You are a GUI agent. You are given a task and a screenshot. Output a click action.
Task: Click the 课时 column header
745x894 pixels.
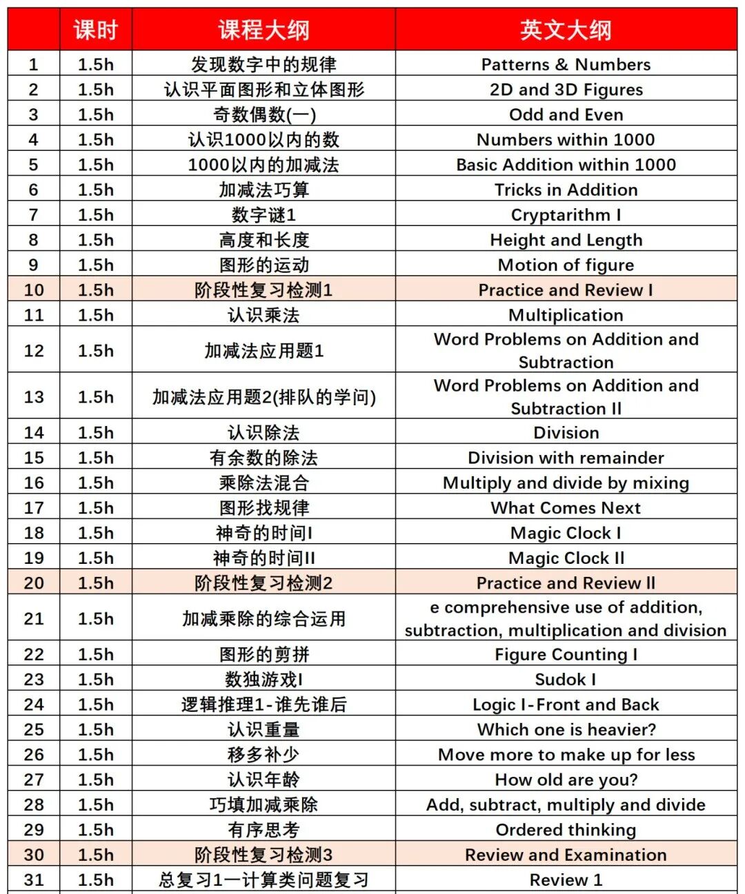click(x=96, y=30)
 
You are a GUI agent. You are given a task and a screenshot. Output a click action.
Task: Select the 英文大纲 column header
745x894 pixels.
click(x=566, y=30)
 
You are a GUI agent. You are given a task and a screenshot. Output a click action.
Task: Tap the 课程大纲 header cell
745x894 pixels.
click(x=264, y=30)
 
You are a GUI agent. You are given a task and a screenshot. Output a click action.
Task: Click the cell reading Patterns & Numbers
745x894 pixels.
click(x=566, y=65)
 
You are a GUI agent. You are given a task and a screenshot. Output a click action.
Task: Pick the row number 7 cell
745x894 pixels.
click(x=34, y=215)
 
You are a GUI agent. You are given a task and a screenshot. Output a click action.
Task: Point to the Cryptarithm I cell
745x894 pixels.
click(x=566, y=215)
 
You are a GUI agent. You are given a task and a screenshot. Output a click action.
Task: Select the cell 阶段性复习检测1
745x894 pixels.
click(x=264, y=290)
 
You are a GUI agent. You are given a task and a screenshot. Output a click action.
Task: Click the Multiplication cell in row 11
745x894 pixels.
click(x=566, y=315)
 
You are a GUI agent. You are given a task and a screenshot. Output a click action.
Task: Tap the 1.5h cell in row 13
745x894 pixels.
click(x=96, y=397)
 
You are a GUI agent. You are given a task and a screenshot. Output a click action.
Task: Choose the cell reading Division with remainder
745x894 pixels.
click(x=566, y=458)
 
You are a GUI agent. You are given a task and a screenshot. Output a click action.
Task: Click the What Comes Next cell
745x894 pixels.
click(x=566, y=508)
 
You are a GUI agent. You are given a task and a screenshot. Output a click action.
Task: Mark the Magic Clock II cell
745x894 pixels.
click(x=566, y=558)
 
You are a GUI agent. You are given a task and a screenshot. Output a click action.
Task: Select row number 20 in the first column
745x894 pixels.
click(x=34, y=583)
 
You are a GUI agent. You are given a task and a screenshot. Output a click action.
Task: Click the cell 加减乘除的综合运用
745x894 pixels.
click(x=264, y=619)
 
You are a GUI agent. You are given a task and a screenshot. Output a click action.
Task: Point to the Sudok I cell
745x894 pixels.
click(x=566, y=680)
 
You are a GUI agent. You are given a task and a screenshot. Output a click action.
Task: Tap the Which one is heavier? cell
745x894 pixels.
click(x=566, y=729)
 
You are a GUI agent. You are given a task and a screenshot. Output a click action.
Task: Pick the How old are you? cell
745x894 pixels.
click(x=566, y=780)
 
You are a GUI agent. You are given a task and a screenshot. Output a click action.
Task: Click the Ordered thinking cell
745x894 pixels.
click(x=566, y=830)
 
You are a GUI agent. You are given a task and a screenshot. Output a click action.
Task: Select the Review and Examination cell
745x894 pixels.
click(x=566, y=855)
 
